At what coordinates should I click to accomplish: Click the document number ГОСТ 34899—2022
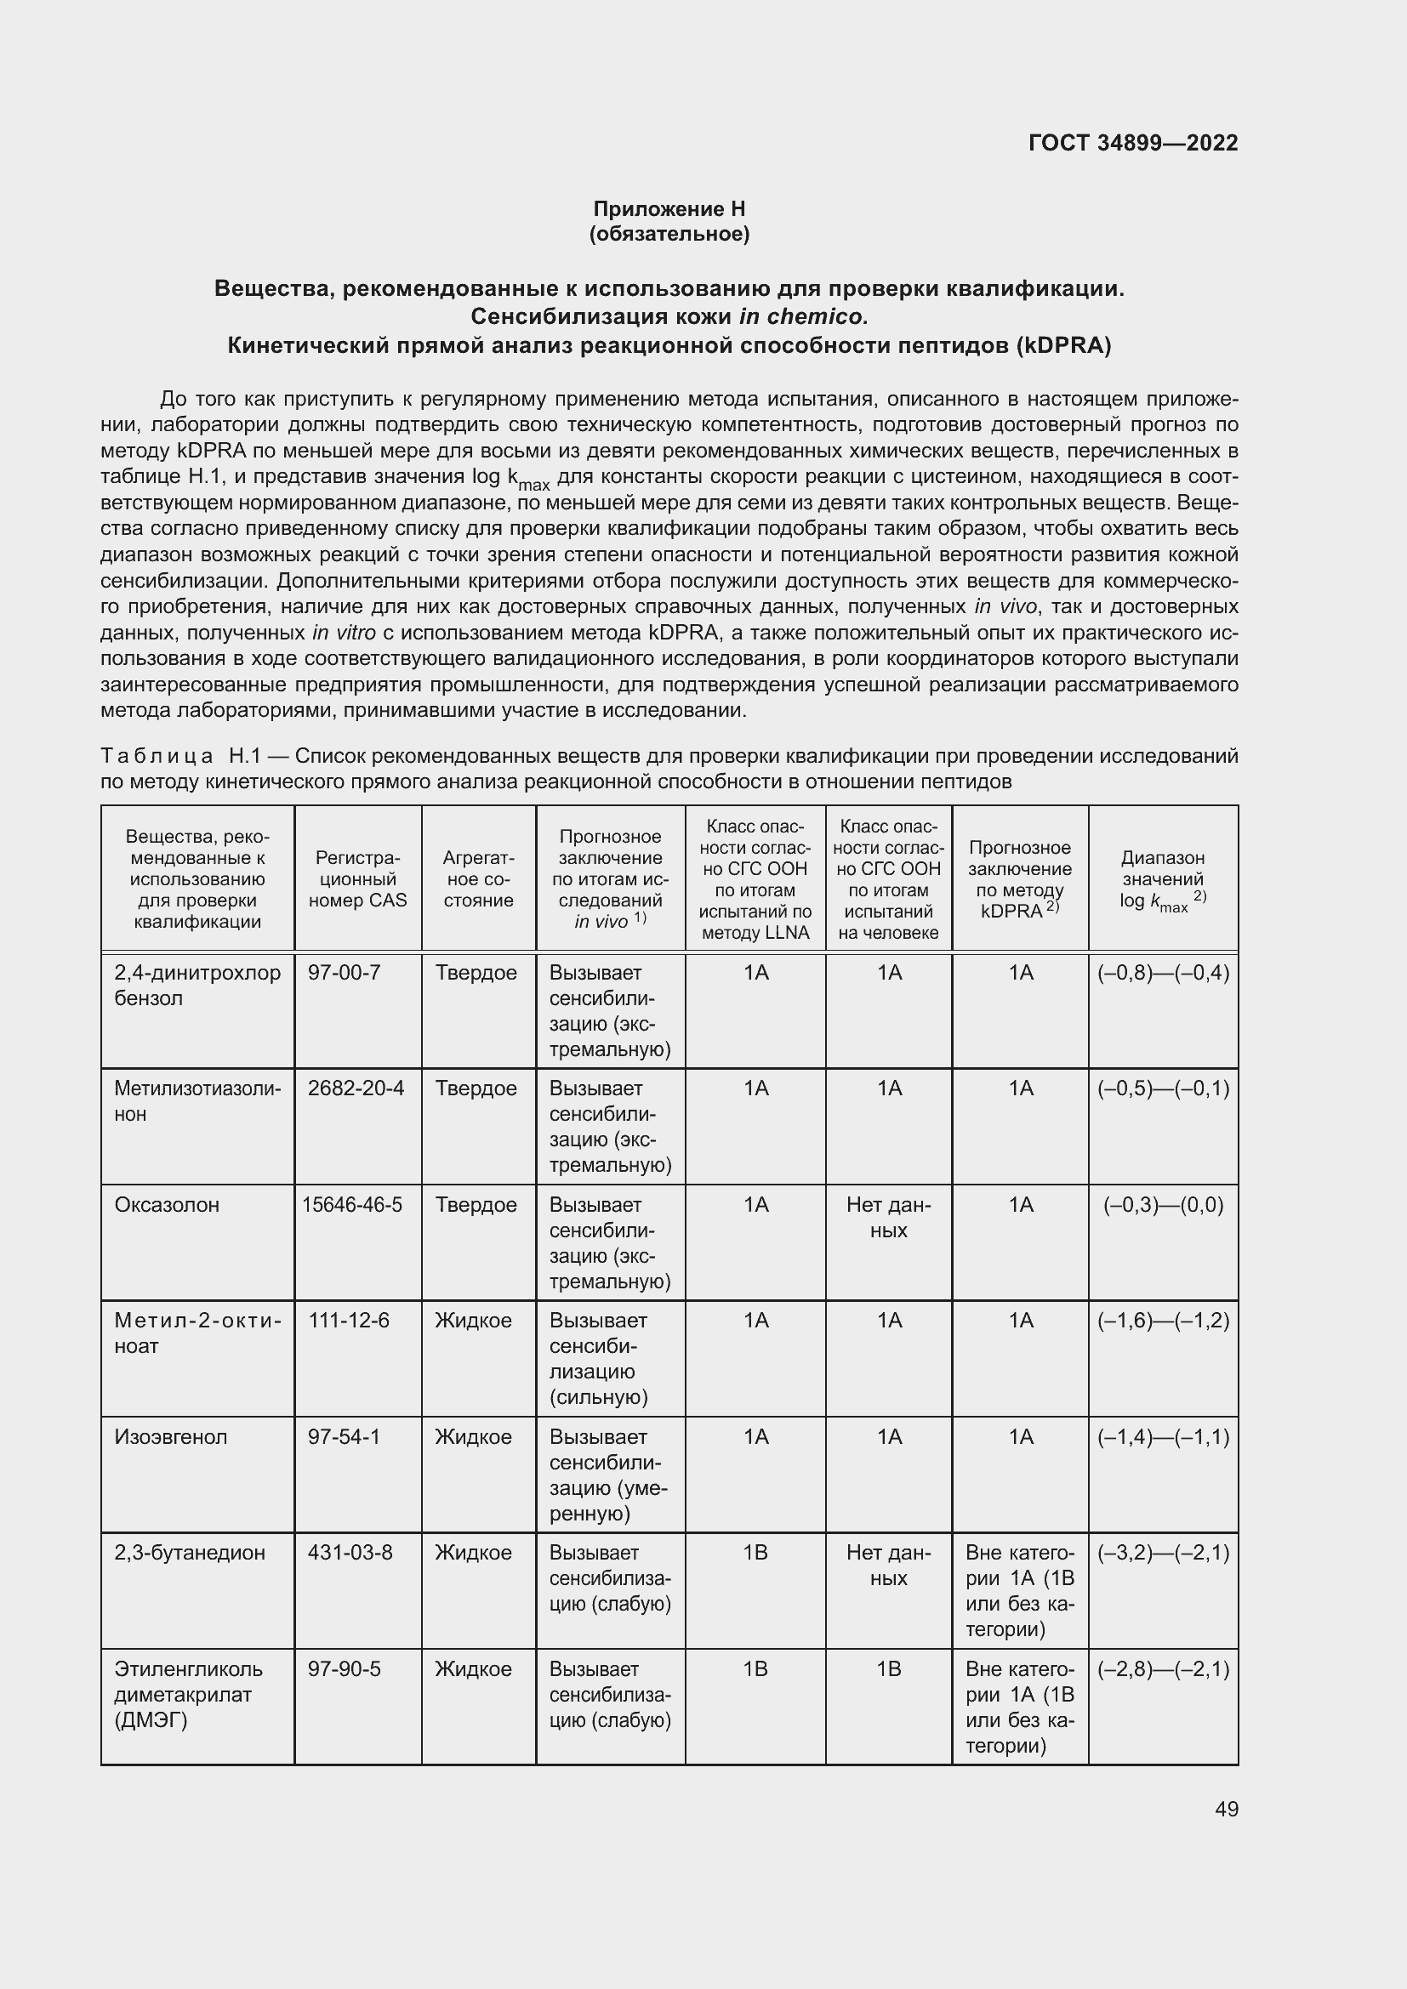coord(1132,143)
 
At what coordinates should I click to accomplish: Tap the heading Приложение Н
coord(669,209)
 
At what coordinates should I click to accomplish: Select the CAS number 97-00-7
coord(344,973)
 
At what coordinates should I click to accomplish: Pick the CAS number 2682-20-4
coord(356,1088)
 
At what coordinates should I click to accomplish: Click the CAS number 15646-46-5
coord(352,1204)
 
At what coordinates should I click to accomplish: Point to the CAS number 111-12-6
coord(348,1321)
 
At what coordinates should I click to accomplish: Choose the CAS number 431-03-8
coord(350,1553)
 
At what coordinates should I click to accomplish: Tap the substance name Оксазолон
coord(167,1204)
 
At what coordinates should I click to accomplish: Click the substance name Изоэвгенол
coord(171,1436)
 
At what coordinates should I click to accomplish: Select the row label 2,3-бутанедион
coord(190,1553)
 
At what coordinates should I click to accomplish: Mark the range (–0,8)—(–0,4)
coord(1163,973)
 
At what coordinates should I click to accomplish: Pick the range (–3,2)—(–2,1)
coord(1163,1553)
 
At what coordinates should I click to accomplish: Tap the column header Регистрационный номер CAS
coord(358,878)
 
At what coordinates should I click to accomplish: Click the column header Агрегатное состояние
coord(478,878)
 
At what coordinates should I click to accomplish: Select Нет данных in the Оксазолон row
coord(888,1217)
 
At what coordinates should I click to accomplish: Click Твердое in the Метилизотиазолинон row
coord(476,1088)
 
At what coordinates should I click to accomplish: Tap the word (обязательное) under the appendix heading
coord(669,234)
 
